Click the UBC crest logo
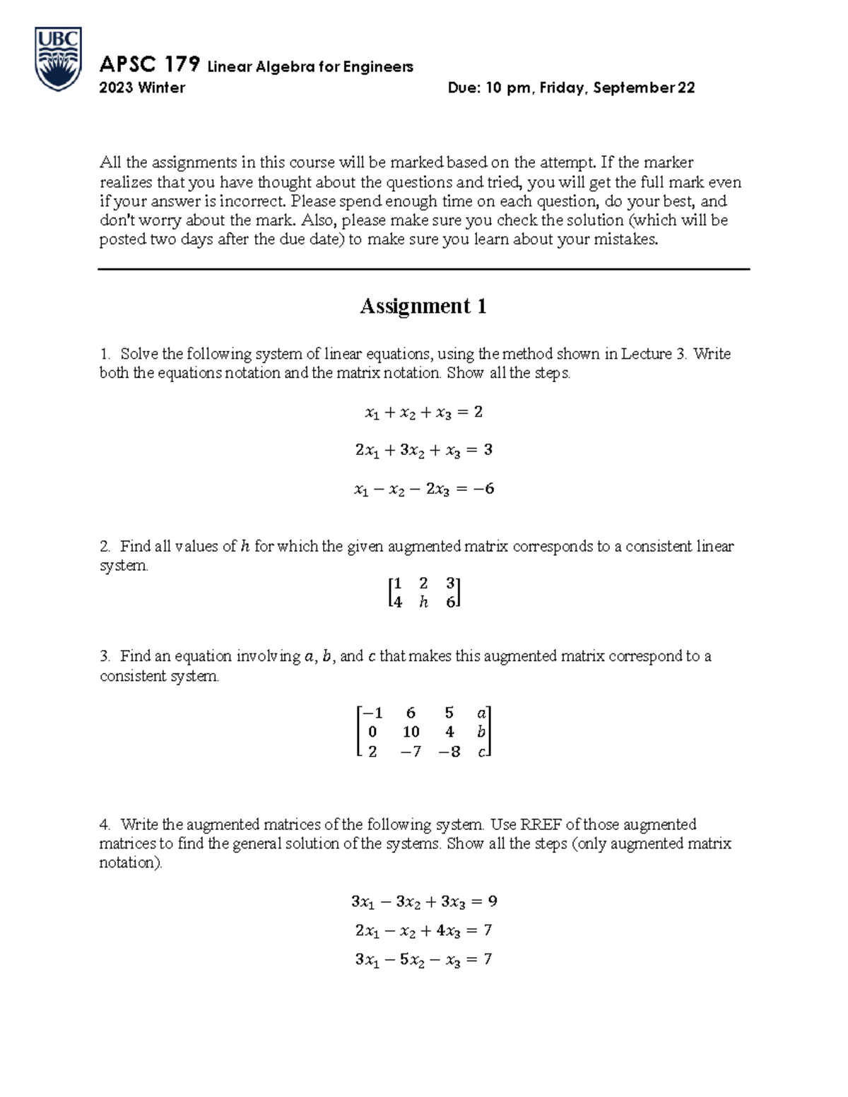coord(59,59)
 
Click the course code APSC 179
coord(149,66)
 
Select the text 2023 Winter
coord(142,88)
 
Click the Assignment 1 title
coord(423,306)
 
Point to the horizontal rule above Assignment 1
coord(423,269)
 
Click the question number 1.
coord(105,354)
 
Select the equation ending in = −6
coord(423,489)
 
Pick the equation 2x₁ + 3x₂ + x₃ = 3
coord(423,450)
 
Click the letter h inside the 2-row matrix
coord(423,603)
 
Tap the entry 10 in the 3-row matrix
coord(411,733)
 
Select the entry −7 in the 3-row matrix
coord(410,752)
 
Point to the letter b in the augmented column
coord(481,733)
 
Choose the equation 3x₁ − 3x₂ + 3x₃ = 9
coord(423,902)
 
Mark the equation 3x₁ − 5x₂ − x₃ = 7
coord(423,960)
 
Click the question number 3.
coord(105,656)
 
